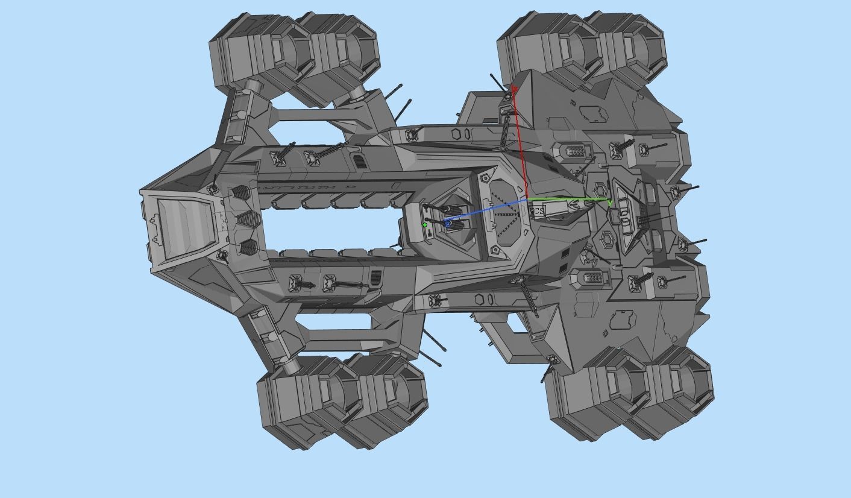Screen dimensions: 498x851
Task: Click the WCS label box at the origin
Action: pos(537,211)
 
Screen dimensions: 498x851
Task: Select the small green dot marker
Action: pos(425,225)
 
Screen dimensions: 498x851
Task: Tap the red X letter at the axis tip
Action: pos(514,89)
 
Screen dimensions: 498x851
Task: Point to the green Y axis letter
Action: pos(610,204)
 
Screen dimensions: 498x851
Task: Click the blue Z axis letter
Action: pos(448,224)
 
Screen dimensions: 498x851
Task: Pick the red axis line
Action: pos(521,145)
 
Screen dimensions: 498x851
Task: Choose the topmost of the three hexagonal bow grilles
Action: pos(240,193)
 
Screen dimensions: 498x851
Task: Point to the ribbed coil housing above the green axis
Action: pos(575,151)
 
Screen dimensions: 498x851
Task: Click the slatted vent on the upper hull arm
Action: pos(359,162)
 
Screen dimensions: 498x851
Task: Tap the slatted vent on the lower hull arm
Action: pos(375,277)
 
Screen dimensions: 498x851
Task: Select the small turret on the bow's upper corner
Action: pos(213,189)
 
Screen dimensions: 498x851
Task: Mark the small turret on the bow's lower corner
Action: pos(222,256)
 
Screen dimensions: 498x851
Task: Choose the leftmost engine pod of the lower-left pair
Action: pos(301,401)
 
